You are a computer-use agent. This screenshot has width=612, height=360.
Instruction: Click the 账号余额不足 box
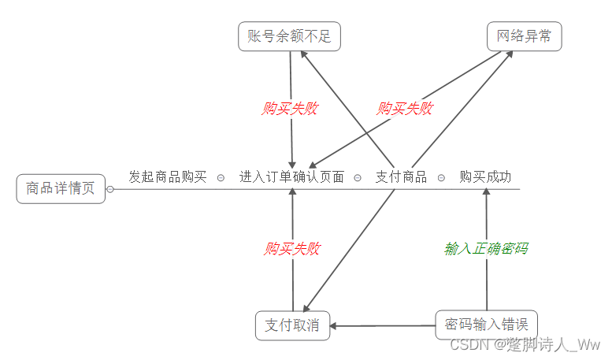(x=289, y=37)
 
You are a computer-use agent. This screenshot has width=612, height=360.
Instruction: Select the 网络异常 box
(x=524, y=37)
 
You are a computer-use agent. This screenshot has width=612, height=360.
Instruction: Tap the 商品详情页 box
(x=61, y=189)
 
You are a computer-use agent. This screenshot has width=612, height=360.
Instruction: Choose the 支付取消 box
(x=292, y=325)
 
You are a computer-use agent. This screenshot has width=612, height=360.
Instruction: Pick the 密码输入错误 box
(x=486, y=325)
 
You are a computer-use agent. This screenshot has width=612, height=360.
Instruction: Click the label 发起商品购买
(x=168, y=177)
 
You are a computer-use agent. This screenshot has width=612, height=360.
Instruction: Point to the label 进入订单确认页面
(x=291, y=177)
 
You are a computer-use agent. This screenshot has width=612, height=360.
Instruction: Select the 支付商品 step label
(x=401, y=177)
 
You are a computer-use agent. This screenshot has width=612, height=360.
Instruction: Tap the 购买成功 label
(x=485, y=177)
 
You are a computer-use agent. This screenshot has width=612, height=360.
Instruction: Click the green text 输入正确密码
(x=486, y=249)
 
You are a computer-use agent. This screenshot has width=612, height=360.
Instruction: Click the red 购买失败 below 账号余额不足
(x=290, y=109)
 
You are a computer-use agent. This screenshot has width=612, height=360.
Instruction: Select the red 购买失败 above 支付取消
(x=292, y=250)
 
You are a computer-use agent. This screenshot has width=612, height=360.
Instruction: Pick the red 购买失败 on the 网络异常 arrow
(x=405, y=109)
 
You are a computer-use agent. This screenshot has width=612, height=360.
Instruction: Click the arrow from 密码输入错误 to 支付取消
(x=383, y=325)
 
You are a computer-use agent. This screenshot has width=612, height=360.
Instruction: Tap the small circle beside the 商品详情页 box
(x=110, y=189)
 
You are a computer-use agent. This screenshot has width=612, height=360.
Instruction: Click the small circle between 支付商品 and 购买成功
(x=441, y=178)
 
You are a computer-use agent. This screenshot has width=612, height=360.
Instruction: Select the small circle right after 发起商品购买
(x=221, y=178)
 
